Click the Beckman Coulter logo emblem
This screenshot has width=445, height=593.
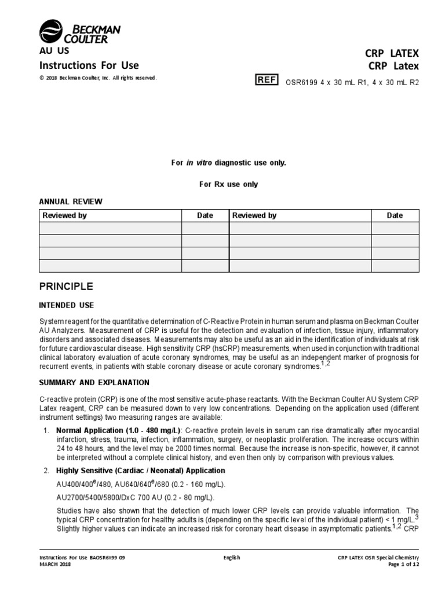[x=49, y=31]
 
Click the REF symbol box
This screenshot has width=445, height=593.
[x=267, y=80]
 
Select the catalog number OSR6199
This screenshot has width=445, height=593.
[x=300, y=82]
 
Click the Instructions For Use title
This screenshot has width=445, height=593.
[x=89, y=65]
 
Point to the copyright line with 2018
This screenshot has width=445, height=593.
[x=97, y=78]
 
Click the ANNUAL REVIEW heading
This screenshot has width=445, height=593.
[x=70, y=202]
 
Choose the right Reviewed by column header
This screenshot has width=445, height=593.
[x=254, y=215]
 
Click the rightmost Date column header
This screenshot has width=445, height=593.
[x=395, y=215]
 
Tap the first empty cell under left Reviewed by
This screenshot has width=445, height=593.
[x=110, y=228]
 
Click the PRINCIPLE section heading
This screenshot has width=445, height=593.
[x=65, y=287]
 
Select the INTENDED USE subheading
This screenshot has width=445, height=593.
[x=66, y=305]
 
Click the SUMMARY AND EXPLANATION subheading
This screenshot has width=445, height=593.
[x=94, y=383]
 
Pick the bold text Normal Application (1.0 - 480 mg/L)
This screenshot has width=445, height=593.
[x=118, y=431]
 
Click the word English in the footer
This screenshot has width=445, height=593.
[x=232, y=558]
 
